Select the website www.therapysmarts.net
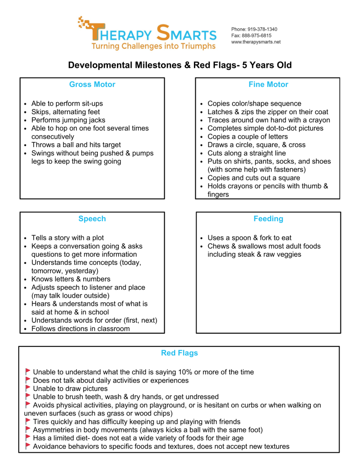(x=256, y=42)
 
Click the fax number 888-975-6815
(x=257, y=35)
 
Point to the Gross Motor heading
(x=92, y=85)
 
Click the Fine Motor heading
(x=268, y=85)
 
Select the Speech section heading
(x=92, y=219)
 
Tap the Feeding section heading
(x=268, y=219)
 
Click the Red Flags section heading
(x=179, y=353)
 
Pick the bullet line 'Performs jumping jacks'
(x=68, y=120)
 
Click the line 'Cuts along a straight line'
(x=247, y=153)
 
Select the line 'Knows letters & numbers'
(x=71, y=279)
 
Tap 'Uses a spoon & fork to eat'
(x=249, y=238)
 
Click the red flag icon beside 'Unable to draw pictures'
(x=28, y=388)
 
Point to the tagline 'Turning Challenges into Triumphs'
(x=153, y=46)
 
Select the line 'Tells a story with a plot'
(x=67, y=238)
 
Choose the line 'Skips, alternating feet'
(x=66, y=112)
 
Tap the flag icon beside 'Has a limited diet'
(x=28, y=437)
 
